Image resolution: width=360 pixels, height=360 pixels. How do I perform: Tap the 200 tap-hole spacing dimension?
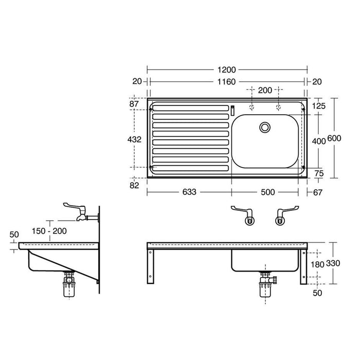click(265, 91)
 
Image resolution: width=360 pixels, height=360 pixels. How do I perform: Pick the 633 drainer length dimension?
click(189, 192)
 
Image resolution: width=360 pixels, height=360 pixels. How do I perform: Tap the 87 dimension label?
click(134, 104)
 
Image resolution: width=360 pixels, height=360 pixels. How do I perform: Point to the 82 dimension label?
click(134, 185)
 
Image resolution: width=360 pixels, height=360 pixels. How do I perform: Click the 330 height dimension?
click(335, 263)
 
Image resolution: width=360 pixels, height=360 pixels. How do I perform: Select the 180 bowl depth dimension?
click(319, 263)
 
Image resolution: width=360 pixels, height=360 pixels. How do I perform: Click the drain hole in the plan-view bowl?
click(265, 127)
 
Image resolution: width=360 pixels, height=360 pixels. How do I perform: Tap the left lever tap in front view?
click(244, 215)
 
